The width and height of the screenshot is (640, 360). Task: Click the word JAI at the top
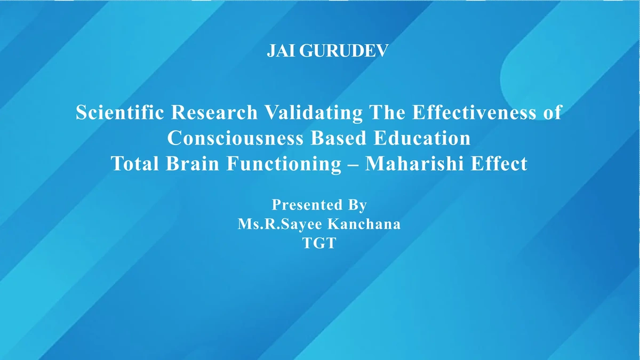point(281,51)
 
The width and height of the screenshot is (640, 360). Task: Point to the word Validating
point(314,113)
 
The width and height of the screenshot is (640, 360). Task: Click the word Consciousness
point(235,138)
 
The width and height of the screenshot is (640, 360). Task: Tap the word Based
point(339,138)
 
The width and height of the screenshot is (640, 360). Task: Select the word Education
point(422,138)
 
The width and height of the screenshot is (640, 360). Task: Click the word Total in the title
point(135,163)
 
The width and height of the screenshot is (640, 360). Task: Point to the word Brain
point(193,163)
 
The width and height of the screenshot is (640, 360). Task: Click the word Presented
point(307,205)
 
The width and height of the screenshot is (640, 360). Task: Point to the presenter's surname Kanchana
point(364,223)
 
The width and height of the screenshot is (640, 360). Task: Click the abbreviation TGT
point(319,243)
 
